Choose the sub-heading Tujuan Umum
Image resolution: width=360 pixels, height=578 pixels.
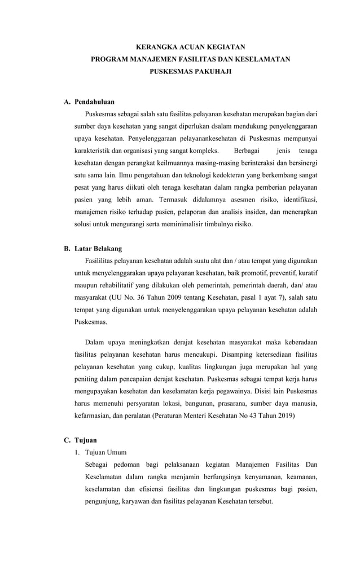coord(106,452)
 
